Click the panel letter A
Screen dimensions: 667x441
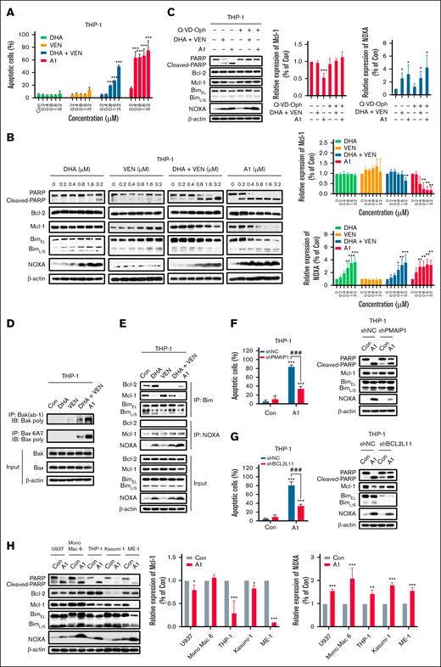click(x=6, y=7)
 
